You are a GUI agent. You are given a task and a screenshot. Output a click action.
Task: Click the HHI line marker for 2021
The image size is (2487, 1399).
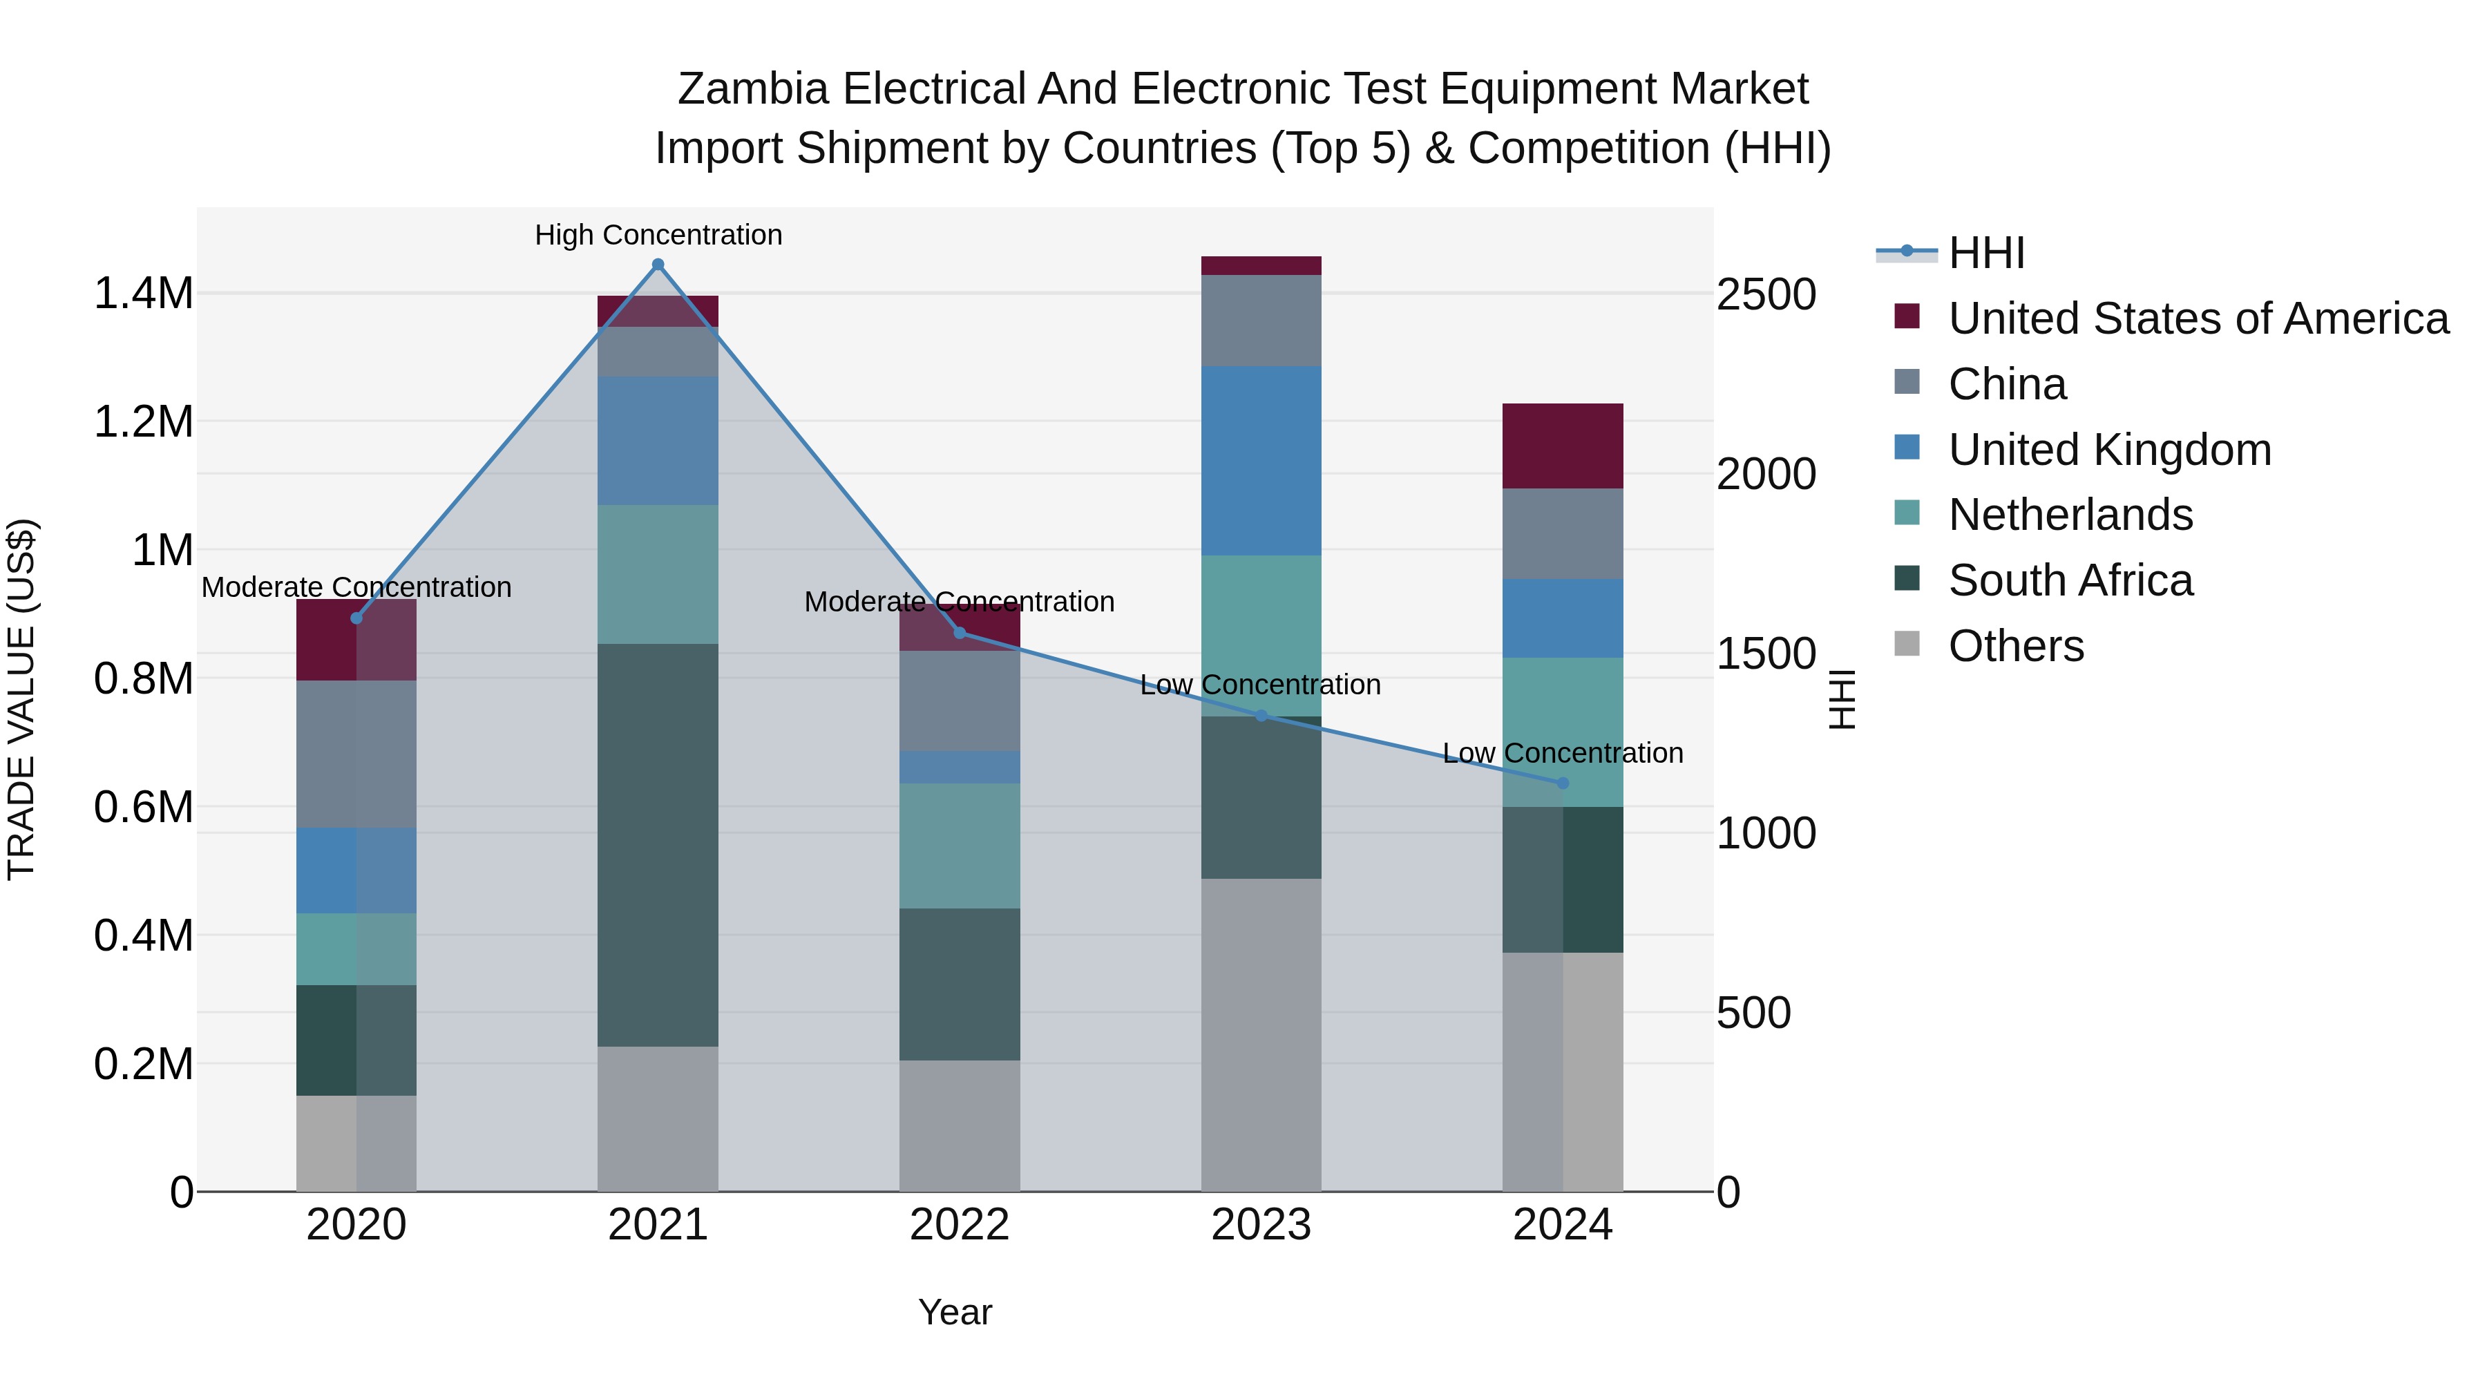(658, 265)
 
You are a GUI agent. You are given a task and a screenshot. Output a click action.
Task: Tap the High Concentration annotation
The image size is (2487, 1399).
(658, 236)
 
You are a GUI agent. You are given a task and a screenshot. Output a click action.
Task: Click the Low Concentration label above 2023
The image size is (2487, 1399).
(1260, 685)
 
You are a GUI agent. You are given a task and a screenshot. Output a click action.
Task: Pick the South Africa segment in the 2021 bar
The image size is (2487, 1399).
(658, 845)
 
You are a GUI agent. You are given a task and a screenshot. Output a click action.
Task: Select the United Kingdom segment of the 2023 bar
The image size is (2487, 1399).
(1261, 461)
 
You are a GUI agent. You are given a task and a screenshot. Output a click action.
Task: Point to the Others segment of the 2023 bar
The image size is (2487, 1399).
(1261, 1033)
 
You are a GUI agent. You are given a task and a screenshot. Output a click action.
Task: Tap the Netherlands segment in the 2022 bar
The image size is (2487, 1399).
(960, 846)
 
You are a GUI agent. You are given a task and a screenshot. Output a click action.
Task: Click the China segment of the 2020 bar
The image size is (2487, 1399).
(356, 754)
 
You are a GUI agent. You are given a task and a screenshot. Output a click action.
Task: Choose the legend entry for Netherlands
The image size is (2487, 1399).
(2070, 515)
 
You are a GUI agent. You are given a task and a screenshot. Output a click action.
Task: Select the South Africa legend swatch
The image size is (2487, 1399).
(1907, 580)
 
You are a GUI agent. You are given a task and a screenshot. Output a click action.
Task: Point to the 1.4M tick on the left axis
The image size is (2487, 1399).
(144, 294)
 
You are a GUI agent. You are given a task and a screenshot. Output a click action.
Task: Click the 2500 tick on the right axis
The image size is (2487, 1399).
(1766, 294)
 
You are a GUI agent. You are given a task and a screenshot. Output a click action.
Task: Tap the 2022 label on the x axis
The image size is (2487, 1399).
(960, 1225)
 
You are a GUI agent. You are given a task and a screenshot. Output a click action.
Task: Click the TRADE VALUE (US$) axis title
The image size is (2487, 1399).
(21, 699)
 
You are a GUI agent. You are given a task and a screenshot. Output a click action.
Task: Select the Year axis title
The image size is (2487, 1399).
(955, 1312)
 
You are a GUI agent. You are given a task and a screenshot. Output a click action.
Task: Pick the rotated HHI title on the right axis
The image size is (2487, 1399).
(1841, 699)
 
